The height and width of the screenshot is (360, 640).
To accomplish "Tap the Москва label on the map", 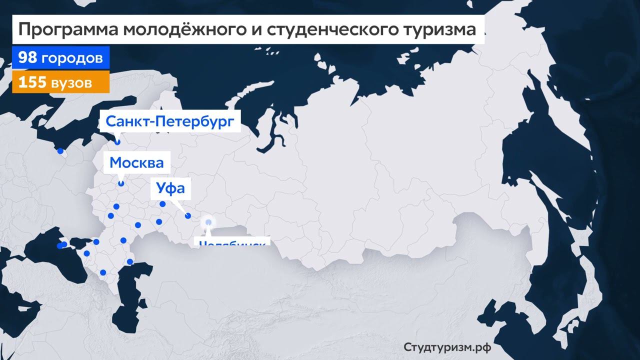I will point(136,163).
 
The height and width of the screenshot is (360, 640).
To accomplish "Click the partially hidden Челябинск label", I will point(232,242).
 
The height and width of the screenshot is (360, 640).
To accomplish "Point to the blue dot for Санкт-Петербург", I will point(117,142).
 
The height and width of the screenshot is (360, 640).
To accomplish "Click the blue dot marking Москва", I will point(121,184).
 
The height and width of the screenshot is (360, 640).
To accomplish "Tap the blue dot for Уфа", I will point(188,216).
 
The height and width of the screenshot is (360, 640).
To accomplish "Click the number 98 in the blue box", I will point(27,58).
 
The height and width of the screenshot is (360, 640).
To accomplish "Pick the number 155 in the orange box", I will point(32,82).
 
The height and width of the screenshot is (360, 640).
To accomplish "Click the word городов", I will point(72,58).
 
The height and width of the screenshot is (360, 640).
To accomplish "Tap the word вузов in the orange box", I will point(71,82).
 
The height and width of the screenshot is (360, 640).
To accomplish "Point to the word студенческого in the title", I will point(330,30).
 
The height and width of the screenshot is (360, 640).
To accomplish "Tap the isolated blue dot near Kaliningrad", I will point(60,151).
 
